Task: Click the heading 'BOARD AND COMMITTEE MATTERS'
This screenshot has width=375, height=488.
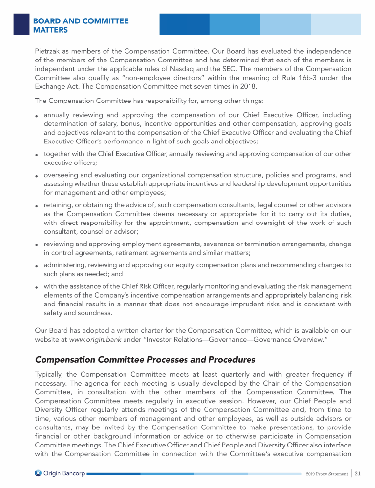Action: coord(81,25)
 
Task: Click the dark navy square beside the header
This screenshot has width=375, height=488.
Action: coord(21,24)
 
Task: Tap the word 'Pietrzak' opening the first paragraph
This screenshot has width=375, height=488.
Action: coord(49,51)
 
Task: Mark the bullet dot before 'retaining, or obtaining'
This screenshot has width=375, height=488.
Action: coord(37,206)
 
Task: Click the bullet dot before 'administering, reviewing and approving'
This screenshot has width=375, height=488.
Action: coord(37,266)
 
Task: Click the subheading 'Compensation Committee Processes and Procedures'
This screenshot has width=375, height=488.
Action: coord(145,360)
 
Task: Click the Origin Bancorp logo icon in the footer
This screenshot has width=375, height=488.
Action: coord(39,473)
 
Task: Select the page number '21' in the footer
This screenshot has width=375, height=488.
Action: coord(357,473)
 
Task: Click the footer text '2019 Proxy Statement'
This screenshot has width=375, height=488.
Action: coord(326,474)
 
